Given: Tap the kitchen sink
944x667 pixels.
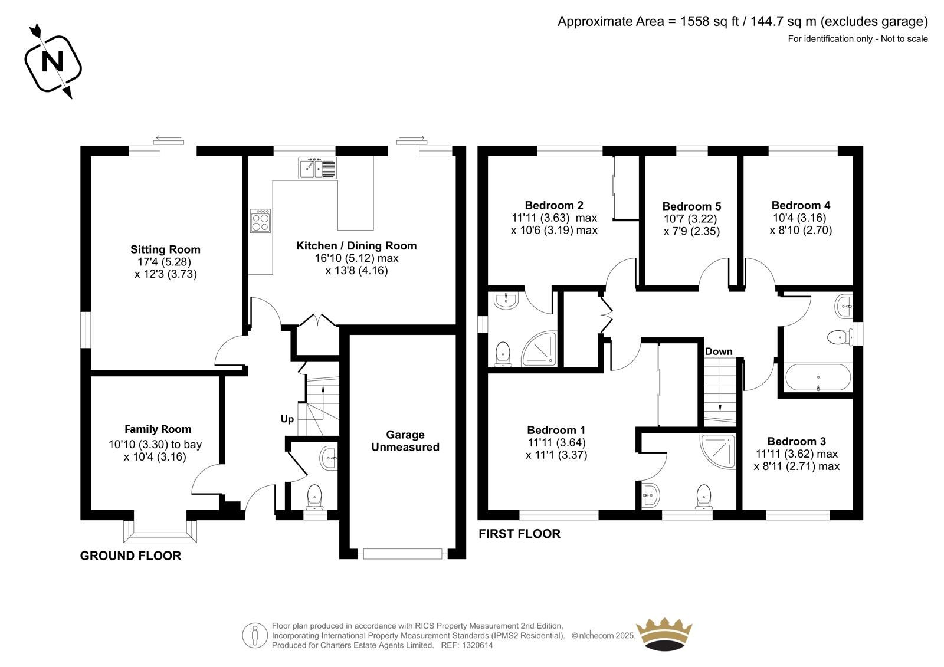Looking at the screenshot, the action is click(318, 167).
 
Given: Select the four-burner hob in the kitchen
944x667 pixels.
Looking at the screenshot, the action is click(260, 221).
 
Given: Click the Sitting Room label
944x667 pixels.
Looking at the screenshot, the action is click(165, 249).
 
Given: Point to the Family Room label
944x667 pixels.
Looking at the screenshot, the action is click(158, 429).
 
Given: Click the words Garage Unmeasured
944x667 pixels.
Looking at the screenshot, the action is click(405, 441).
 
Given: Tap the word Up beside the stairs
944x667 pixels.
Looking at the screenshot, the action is click(287, 419).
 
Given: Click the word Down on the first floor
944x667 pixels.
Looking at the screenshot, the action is click(719, 351).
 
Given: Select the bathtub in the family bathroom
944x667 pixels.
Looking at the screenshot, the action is click(818, 377).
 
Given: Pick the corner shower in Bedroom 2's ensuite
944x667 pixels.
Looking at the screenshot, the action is click(539, 349).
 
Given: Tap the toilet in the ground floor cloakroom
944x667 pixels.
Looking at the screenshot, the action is click(314, 497).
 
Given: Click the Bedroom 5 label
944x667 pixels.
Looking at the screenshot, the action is click(691, 206).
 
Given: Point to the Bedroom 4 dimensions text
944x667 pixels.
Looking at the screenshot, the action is click(801, 224).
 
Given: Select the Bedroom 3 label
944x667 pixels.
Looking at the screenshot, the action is click(796, 442).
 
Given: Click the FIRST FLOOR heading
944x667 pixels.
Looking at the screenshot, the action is click(520, 534).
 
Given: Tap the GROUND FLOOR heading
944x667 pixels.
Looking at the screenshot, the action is click(130, 556).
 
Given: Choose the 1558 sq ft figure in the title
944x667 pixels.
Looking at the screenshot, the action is click(710, 21).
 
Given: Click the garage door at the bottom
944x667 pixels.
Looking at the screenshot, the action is click(402, 554).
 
